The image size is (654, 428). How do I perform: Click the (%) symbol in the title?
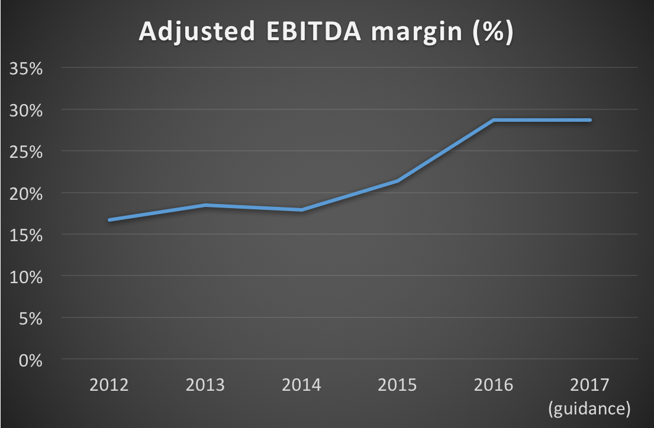(x=492, y=33)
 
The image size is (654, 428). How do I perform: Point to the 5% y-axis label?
(x=30, y=319)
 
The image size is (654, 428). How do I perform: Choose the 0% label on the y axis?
(x=30, y=360)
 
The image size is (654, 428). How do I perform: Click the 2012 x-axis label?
(x=109, y=386)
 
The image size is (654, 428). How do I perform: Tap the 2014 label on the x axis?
(x=301, y=386)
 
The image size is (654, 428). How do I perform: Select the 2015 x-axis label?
(x=397, y=386)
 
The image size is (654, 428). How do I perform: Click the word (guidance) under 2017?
(x=589, y=408)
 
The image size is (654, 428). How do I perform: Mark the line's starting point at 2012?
(x=109, y=220)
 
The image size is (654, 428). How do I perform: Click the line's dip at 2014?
(x=301, y=210)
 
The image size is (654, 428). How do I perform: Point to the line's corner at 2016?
(x=494, y=120)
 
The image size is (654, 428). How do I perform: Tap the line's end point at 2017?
(x=589, y=120)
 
